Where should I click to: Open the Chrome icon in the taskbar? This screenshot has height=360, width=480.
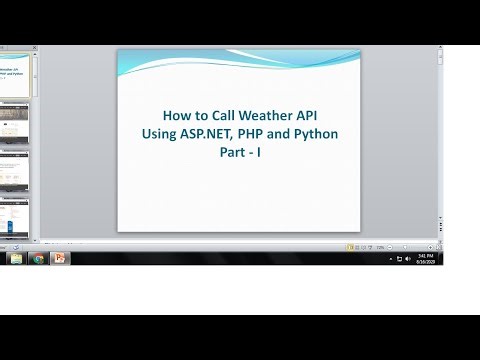pyautogui.click(x=38, y=258)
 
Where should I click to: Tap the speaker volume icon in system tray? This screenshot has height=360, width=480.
pyautogui.click(x=408, y=258)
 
